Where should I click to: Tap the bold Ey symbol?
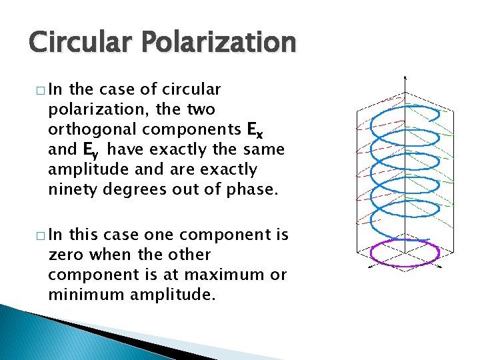click(x=85, y=150)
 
